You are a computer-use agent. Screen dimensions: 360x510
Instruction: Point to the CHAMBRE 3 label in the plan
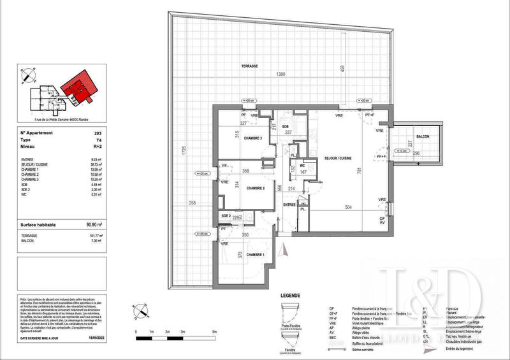pyautogui.click(x=244, y=146)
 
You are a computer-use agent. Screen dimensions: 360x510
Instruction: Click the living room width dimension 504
pyautogui.click(x=348, y=207)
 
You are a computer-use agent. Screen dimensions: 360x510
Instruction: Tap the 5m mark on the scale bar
pyautogui.click(x=214, y=333)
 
